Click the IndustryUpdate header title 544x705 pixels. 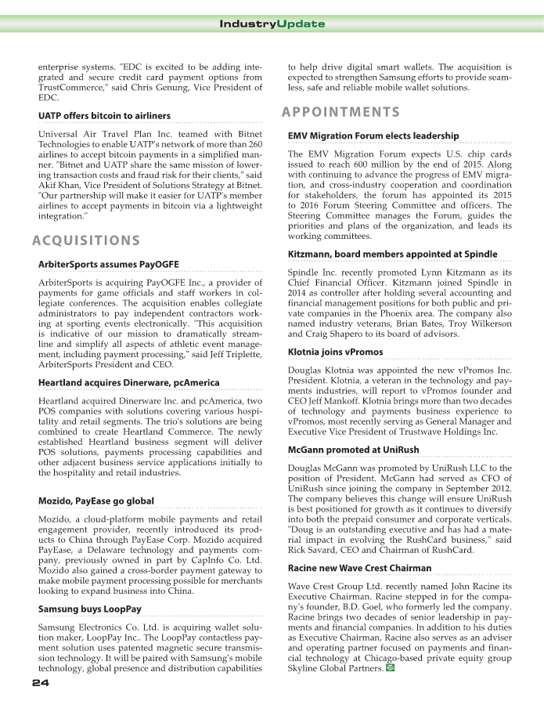[272, 23]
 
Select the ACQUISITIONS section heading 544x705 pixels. [87, 240]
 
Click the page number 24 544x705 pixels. [41, 684]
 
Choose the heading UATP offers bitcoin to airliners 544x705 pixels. [104, 116]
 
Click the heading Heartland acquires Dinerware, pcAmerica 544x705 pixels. [128, 382]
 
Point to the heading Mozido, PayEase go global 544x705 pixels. [96, 501]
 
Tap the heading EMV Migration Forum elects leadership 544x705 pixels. [373, 136]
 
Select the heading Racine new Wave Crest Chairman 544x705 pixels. [359, 568]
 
